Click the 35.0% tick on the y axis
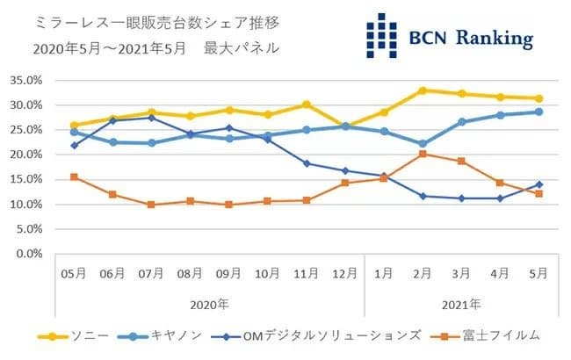(26, 80)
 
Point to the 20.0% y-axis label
(26, 155)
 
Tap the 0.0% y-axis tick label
(29, 254)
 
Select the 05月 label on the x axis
(74, 274)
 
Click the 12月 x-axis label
(345, 274)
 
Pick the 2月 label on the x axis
(423, 274)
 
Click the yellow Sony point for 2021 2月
(423, 90)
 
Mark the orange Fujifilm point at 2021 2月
(423, 154)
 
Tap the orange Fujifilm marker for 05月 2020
(74, 176)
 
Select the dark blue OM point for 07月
(151, 118)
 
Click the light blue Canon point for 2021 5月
(538, 112)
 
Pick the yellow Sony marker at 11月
(307, 104)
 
